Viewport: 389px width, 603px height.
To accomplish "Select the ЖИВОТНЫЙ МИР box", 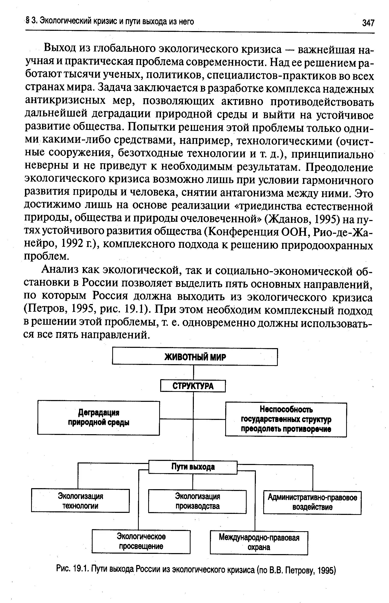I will click(x=195, y=357).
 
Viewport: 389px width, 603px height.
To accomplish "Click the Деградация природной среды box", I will click(x=99, y=418).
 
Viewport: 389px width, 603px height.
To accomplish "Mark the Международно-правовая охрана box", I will click(x=259, y=542).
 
